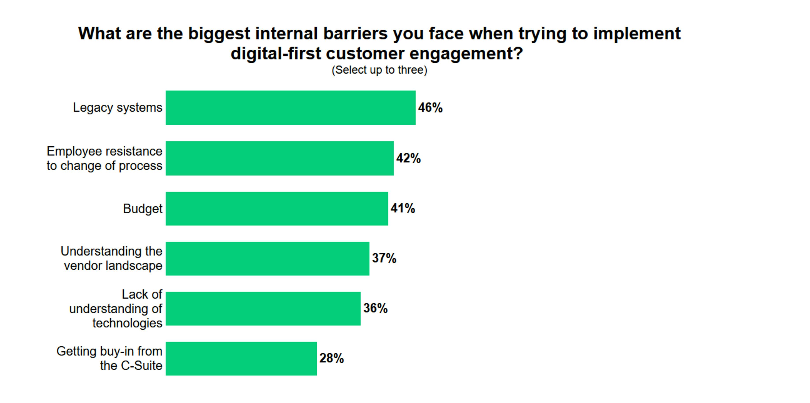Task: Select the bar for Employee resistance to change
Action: coord(280,158)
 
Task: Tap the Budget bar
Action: coord(277,209)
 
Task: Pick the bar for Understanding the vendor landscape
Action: coord(267,259)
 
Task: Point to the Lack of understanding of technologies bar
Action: coord(263,309)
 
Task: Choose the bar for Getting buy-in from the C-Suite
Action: coord(241,359)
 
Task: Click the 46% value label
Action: coord(430,108)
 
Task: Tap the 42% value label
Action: coord(408,158)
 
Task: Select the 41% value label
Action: coord(403,208)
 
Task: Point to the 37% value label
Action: coord(384,258)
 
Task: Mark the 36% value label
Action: coord(375,308)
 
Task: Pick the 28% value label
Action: coord(331,358)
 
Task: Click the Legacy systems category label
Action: coord(118,108)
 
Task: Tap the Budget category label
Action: coord(142,209)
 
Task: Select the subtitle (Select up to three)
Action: coord(379,70)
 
